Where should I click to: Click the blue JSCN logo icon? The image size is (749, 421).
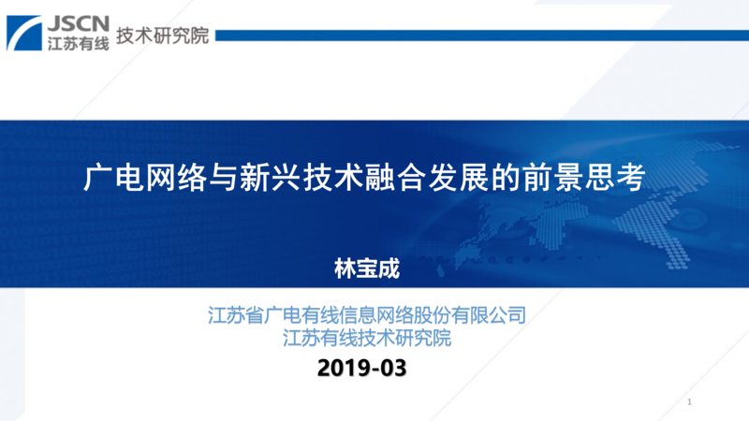click(x=24, y=33)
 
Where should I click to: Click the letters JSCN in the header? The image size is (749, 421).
click(x=79, y=23)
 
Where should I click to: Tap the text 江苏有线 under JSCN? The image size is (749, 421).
click(x=79, y=43)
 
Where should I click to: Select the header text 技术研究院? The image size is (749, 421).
click(x=162, y=36)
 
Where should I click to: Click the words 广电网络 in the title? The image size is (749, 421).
click(x=145, y=178)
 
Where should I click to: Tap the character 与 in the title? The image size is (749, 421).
click(x=223, y=178)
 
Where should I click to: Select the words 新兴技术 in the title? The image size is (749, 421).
click(x=301, y=178)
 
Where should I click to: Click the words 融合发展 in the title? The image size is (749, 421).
click(x=427, y=178)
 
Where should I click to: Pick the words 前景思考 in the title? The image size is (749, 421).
click(x=583, y=178)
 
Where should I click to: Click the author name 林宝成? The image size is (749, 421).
click(x=367, y=269)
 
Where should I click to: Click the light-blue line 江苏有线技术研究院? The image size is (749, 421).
click(x=367, y=338)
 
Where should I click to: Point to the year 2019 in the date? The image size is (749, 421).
click(x=344, y=368)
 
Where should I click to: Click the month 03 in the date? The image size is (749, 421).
click(x=393, y=368)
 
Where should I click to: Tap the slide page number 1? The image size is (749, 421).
click(x=689, y=402)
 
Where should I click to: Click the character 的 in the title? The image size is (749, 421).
click(x=506, y=178)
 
